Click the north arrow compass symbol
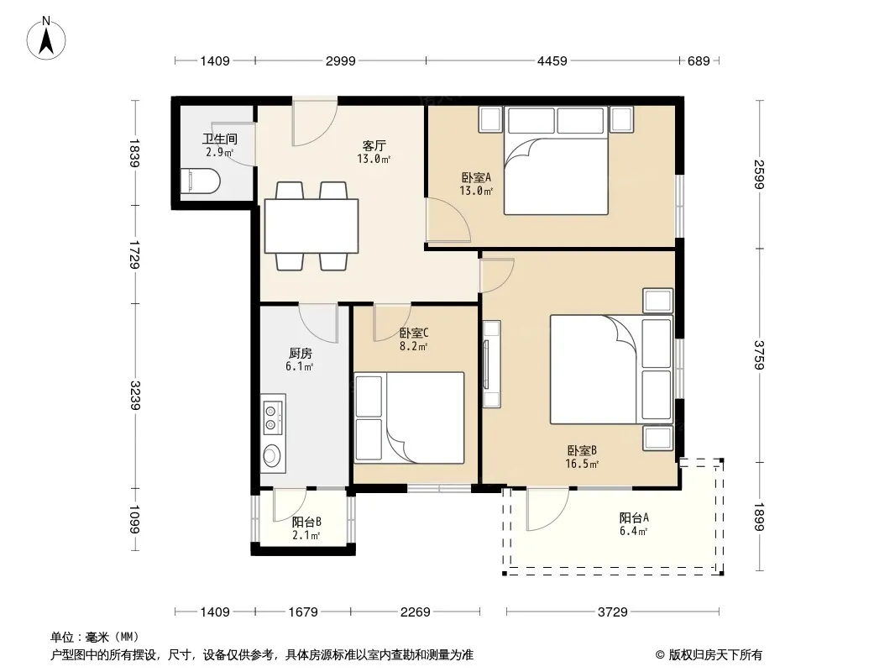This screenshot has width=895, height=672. [46, 39]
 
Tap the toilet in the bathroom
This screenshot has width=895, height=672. [201, 181]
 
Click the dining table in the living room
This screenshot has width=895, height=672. [311, 225]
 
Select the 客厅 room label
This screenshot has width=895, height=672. [374, 145]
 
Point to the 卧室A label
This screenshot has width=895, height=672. [476, 177]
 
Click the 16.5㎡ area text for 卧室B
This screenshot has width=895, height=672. [582, 465]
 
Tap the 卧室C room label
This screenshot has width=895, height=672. [414, 333]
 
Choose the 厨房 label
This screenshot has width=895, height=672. [301, 354]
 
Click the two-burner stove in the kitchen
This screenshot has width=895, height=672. [272, 416]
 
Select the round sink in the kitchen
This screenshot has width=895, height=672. [271, 455]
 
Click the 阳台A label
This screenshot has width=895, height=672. [634, 517]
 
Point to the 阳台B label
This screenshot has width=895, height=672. [306, 522]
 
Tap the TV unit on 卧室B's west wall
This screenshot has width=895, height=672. [491, 364]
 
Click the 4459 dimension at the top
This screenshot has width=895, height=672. [552, 60]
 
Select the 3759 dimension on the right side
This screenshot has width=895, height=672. [759, 355]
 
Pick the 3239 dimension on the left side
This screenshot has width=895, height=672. [134, 395]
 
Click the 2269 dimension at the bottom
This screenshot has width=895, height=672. [415, 612]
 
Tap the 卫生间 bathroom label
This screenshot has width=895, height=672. [220, 139]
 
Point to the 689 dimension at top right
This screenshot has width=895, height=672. [699, 60]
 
